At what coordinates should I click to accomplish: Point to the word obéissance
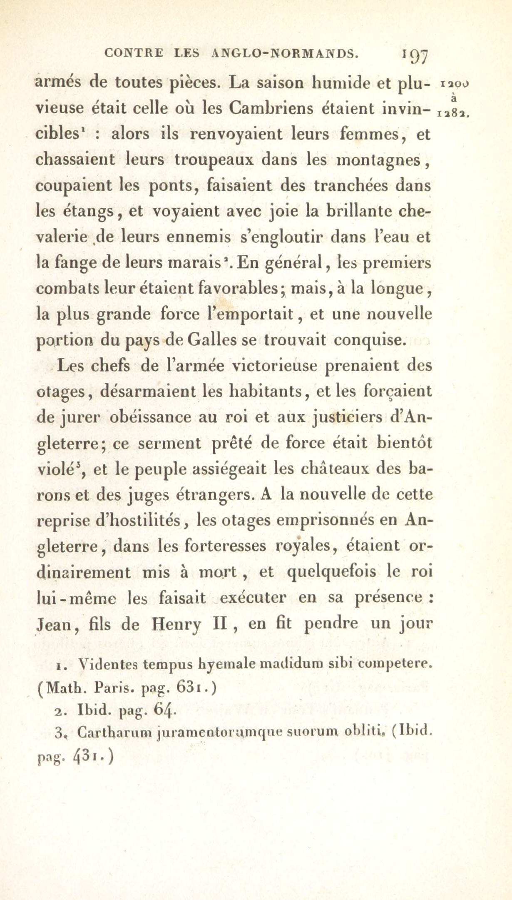pyautogui.click(x=151, y=417)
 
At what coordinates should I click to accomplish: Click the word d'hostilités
pyautogui.click(x=139, y=520)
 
